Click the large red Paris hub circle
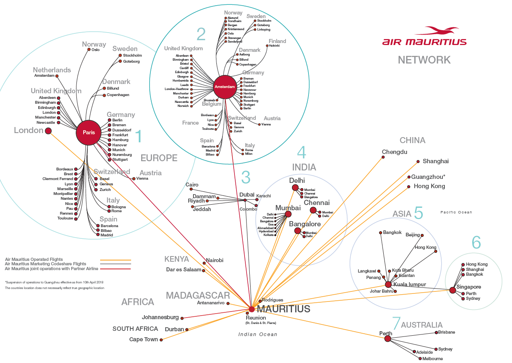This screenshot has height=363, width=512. coord(88,132)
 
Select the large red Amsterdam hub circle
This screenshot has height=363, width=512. coord(225,86)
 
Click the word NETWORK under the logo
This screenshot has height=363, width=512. coord(424,60)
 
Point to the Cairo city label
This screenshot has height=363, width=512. coord(192,185)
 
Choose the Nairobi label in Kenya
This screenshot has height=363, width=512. coord(214,260)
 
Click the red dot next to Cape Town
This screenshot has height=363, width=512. coord(161,340)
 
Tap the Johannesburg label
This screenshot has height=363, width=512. coord(160,317)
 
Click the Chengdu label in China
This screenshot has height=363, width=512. coord(395,152)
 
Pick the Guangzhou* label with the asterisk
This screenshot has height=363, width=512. coord(428,177)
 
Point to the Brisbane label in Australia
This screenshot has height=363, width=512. coord(447,332)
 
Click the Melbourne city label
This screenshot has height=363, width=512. coord(432,359)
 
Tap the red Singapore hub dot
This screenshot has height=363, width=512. coord(452,290)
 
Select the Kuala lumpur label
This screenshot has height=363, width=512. coord(409,284)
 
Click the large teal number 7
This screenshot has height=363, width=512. coord(396,323)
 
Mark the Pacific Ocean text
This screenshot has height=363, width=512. coord(456,212)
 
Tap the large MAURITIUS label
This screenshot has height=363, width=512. coord(284,309)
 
